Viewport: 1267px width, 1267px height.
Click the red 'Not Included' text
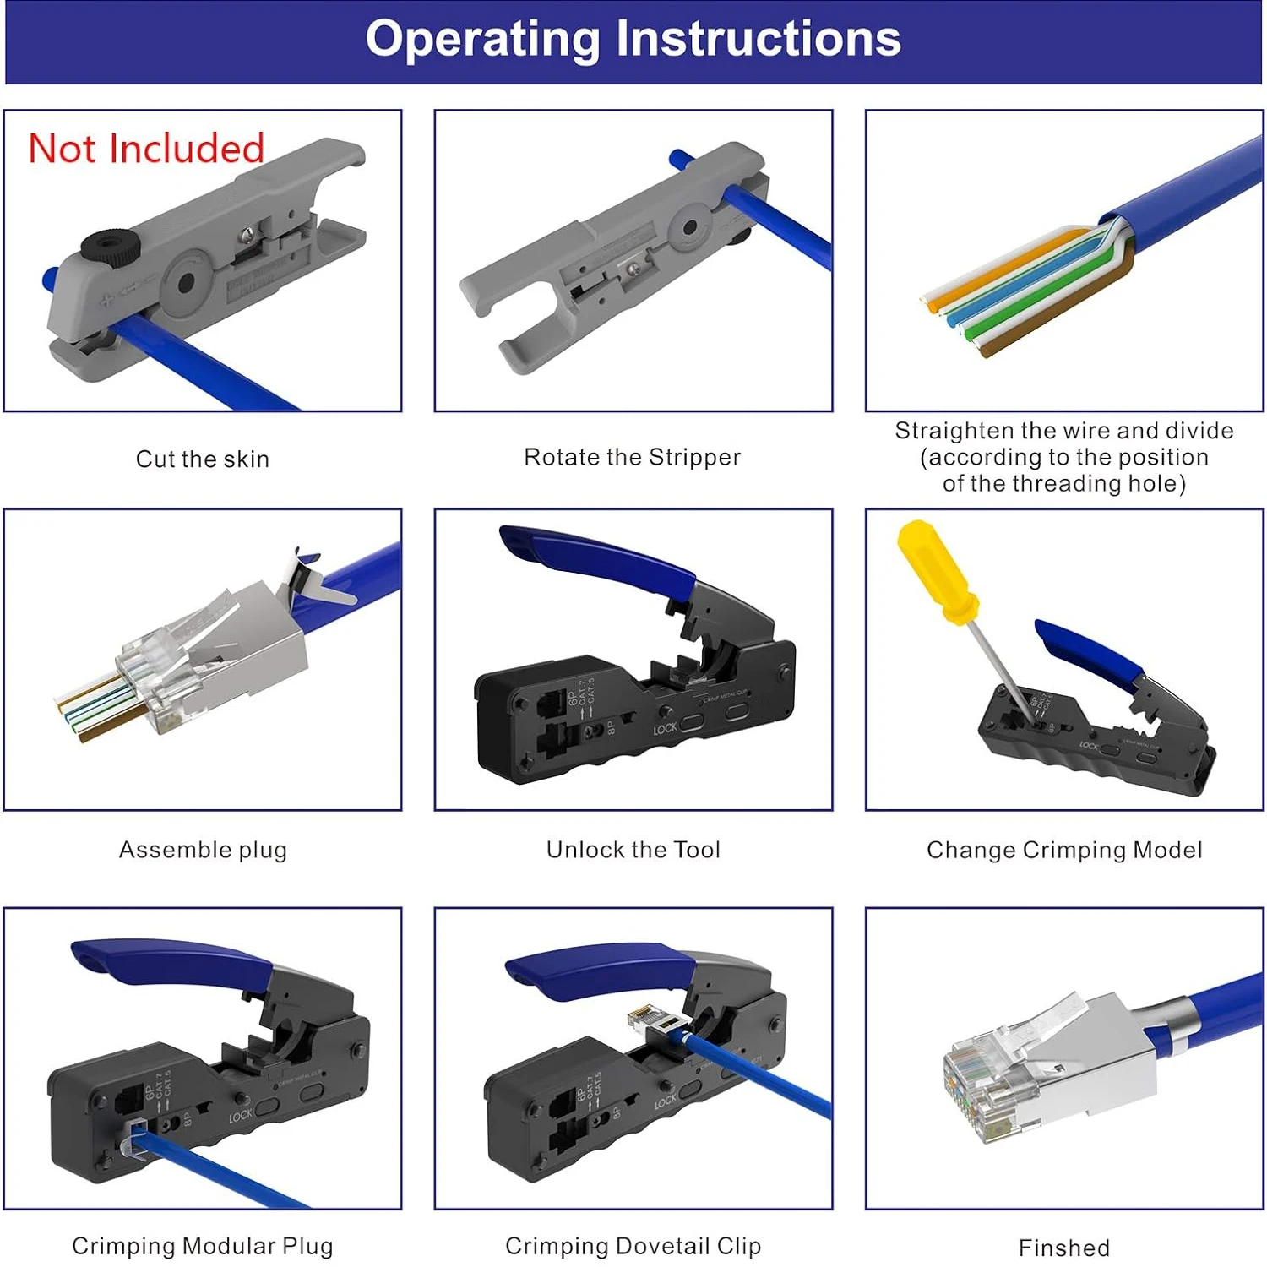146,149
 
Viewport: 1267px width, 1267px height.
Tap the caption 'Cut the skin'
203,459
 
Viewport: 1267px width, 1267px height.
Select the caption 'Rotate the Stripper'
632,457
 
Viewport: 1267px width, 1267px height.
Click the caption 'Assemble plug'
203,850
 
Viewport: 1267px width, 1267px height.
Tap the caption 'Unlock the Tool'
633,850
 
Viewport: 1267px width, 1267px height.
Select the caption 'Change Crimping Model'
1064,850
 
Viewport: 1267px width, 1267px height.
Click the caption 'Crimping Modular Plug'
203,1246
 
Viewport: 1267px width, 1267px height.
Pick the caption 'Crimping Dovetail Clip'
633,1246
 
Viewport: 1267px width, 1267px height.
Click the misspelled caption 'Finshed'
1064,1248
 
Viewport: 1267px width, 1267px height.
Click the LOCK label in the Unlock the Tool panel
665,728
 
